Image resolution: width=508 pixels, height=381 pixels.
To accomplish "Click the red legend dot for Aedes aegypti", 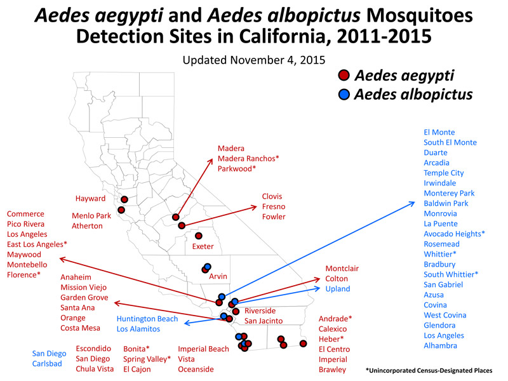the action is [344, 75].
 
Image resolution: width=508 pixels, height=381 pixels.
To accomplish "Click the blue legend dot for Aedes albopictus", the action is [344, 94].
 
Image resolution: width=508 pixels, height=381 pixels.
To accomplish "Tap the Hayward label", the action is [90, 199].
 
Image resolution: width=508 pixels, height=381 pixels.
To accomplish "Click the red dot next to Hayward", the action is [124, 199].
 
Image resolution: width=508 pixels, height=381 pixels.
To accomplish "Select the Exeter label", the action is [203, 246].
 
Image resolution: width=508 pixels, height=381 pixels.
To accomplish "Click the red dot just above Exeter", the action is [199, 236].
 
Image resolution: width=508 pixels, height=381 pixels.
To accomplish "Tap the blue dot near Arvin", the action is [208, 267].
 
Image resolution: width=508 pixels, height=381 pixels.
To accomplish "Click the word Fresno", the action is [274, 207].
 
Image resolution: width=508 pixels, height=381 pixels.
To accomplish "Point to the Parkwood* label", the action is [237, 169].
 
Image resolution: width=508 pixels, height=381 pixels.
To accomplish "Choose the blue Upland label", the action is [338, 289].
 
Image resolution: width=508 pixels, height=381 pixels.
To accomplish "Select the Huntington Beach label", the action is [147, 319].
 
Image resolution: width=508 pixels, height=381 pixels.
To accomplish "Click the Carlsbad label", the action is [47, 364].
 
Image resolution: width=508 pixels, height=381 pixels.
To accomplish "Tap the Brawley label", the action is [332, 370].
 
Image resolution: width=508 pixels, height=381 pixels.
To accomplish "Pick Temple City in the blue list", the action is [444, 173].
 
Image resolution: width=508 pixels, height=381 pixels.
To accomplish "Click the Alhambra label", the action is [440, 345].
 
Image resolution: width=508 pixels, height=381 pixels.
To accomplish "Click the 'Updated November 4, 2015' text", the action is [254, 60].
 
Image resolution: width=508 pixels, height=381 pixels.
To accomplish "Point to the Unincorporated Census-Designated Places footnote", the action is [429, 370].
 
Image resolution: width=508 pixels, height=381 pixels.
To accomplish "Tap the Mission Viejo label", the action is [84, 288].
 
